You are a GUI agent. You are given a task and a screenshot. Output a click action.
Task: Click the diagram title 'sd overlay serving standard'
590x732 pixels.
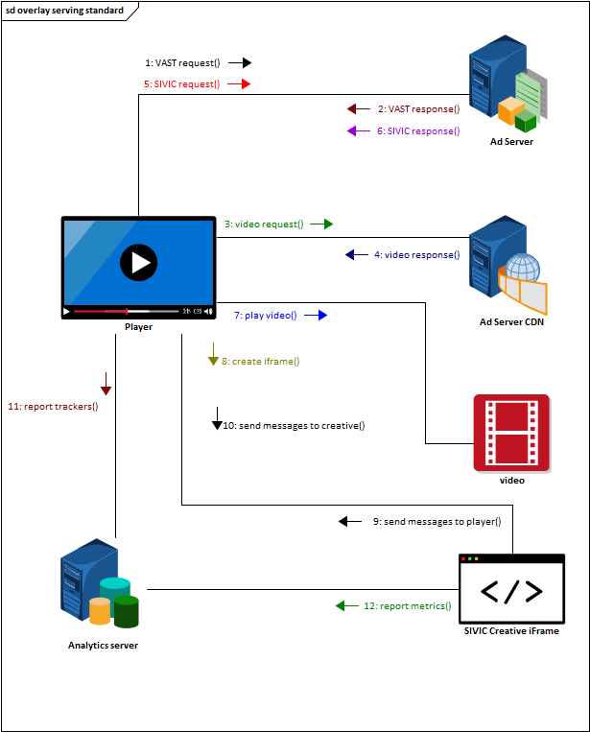click(x=64, y=11)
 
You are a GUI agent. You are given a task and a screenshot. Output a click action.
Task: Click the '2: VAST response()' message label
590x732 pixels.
click(x=417, y=109)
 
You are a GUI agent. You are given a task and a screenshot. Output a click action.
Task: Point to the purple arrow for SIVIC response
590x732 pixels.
click(x=352, y=131)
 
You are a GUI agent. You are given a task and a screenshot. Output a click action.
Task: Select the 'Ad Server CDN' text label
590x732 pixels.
click(x=511, y=321)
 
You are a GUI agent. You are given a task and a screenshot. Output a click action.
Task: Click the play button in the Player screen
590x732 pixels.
click(x=139, y=262)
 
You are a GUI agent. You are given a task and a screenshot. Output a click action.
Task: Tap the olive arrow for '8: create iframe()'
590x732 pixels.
click(x=213, y=360)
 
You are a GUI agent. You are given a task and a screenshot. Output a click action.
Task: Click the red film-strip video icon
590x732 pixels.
click(x=511, y=432)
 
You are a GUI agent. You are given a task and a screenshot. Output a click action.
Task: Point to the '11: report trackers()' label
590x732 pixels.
click(x=53, y=406)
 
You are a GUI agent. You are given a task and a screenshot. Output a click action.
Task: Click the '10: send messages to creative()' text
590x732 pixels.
click(x=294, y=425)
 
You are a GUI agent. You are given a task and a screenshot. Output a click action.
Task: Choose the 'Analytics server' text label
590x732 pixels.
click(x=103, y=646)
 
